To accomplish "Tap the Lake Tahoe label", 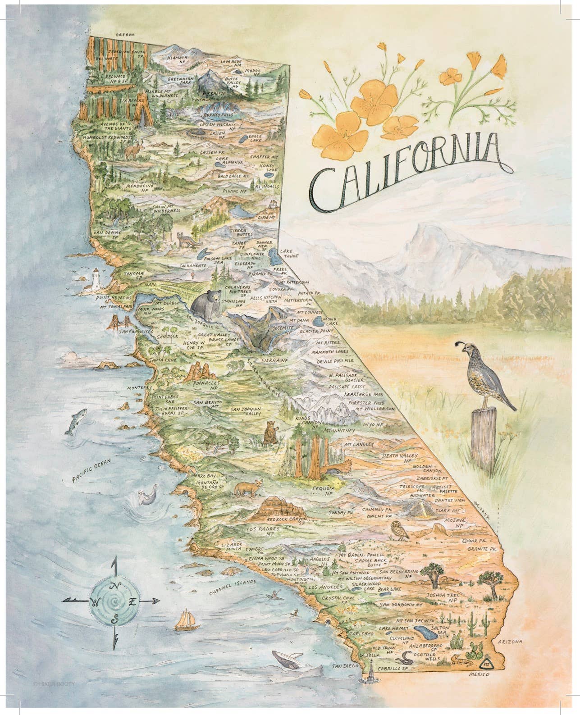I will pos(289,253).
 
